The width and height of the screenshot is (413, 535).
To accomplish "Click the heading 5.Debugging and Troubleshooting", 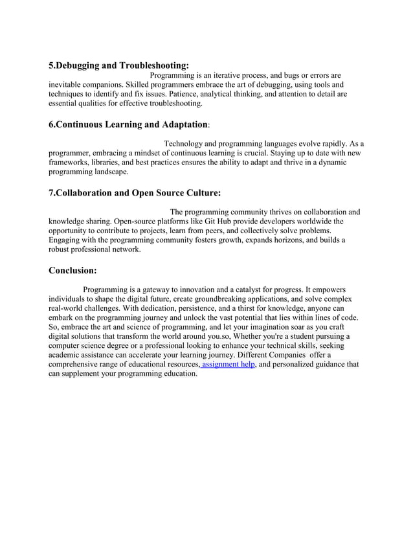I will click(119, 65).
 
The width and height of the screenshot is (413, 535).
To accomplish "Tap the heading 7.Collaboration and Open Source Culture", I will click(135, 192).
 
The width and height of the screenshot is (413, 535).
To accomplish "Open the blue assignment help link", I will click(229, 365).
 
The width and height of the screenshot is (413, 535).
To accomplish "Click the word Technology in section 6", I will click(186, 143).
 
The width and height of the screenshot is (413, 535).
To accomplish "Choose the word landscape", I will click(111, 172).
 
